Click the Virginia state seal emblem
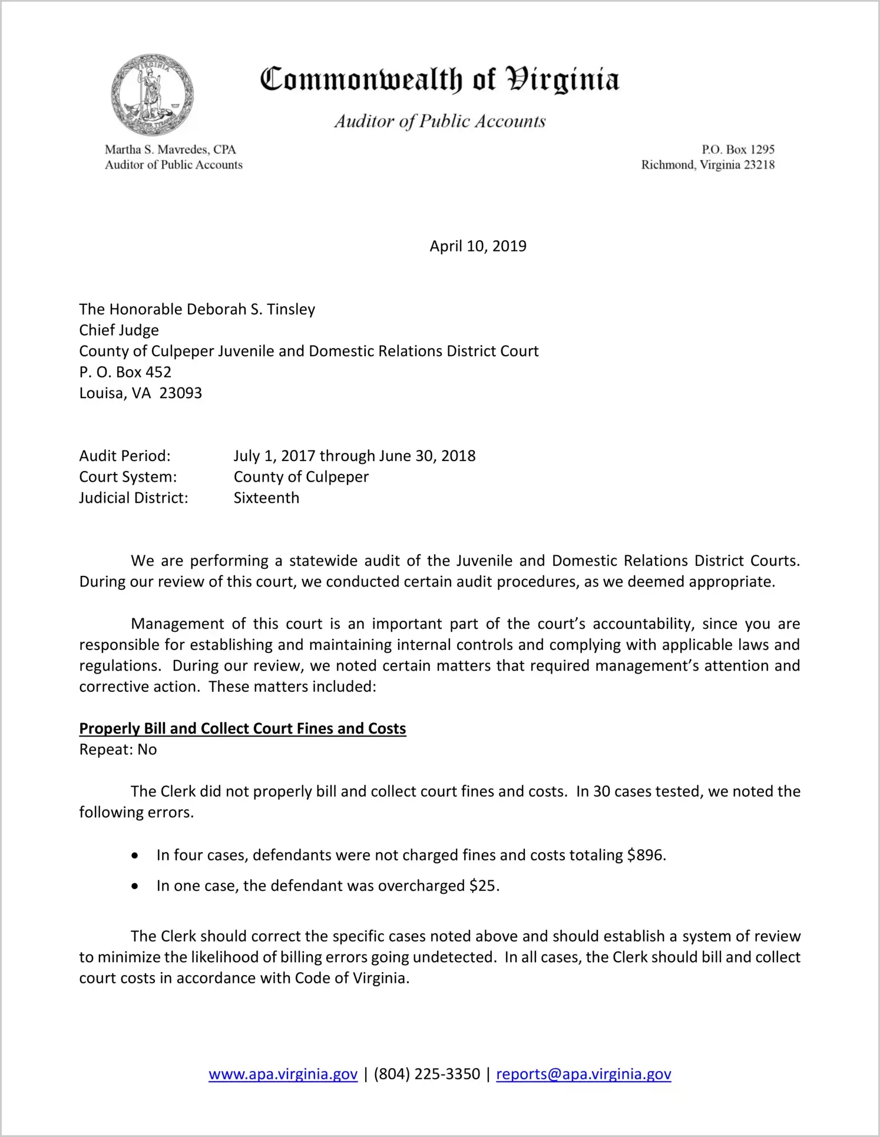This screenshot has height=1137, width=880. (x=152, y=95)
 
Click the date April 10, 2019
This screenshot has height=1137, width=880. (x=478, y=246)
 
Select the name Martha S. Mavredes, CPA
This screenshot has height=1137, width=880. (x=170, y=150)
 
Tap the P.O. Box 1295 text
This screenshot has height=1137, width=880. (x=737, y=150)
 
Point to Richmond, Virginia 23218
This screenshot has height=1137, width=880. (x=707, y=165)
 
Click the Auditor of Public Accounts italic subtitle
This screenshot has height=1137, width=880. (x=440, y=121)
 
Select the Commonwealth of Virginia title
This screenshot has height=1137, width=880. (x=439, y=79)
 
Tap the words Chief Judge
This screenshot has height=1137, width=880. (x=119, y=330)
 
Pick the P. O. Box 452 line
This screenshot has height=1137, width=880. (x=125, y=372)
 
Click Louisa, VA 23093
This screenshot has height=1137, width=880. (x=141, y=393)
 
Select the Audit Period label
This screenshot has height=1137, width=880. (x=125, y=456)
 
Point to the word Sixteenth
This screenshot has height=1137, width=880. (x=266, y=498)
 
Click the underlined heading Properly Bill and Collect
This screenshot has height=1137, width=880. (x=243, y=729)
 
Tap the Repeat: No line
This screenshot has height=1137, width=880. (x=118, y=750)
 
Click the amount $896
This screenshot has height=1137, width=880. (x=646, y=855)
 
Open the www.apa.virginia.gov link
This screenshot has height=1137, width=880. (x=283, y=1074)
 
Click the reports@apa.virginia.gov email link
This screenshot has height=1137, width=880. (x=583, y=1074)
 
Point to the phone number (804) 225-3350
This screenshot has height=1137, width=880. (x=426, y=1074)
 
